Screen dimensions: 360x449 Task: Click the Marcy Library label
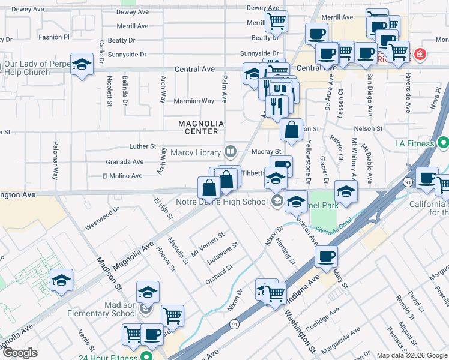(196, 152)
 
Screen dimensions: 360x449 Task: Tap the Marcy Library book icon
(229, 151)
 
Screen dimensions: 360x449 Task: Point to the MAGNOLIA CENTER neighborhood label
(201, 127)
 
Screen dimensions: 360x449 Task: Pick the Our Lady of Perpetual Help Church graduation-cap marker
(82, 65)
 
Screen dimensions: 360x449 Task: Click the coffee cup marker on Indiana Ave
(326, 257)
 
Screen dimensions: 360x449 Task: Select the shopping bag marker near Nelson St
(291, 130)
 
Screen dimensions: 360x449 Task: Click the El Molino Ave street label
(122, 176)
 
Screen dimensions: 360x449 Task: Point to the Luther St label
(143, 146)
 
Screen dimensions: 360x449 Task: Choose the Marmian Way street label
(194, 101)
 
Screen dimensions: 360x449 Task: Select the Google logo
(20, 353)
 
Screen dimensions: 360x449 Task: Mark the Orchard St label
(219, 271)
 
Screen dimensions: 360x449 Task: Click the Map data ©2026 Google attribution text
(412, 355)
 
